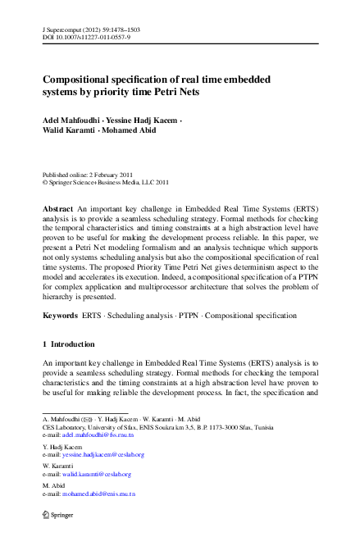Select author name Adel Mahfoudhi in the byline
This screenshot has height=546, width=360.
point(68,120)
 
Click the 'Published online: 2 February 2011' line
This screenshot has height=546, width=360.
point(89,175)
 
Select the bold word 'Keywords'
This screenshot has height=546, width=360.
point(60,315)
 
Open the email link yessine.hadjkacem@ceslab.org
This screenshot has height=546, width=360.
point(103,454)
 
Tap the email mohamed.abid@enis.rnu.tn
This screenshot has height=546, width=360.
point(98,494)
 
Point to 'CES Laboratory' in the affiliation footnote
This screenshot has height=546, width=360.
point(64,426)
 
